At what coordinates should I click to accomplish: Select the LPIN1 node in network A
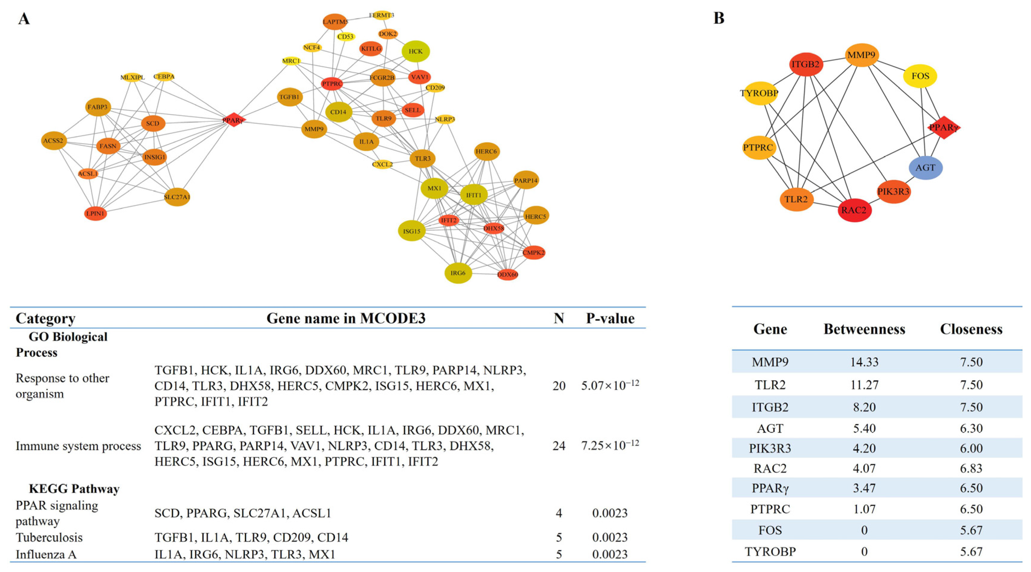coord(95,213)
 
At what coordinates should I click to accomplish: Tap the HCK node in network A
coord(416,51)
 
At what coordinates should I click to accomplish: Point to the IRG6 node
coord(458,273)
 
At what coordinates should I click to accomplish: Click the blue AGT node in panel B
coord(925,167)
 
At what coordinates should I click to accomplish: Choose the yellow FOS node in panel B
coord(920,76)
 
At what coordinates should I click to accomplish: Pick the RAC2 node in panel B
coord(854,210)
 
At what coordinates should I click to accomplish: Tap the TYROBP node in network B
coord(759,93)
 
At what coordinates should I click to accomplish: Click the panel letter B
coord(719,18)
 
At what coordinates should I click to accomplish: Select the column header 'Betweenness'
coord(864,329)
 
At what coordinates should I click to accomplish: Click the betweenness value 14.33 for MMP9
coord(864,362)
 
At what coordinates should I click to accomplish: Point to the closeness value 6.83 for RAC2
coord(971,468)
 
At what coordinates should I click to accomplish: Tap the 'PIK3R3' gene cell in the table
coord(770,448)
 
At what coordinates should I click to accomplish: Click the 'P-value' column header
coord(610,318)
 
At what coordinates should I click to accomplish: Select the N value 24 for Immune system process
coord(559,445)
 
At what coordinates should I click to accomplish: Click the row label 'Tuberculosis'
coord(49,537)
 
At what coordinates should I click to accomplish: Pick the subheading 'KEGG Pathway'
coord(74,489)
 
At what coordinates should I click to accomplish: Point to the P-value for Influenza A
coord(610,554)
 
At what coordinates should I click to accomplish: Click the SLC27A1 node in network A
coord(177,197)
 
